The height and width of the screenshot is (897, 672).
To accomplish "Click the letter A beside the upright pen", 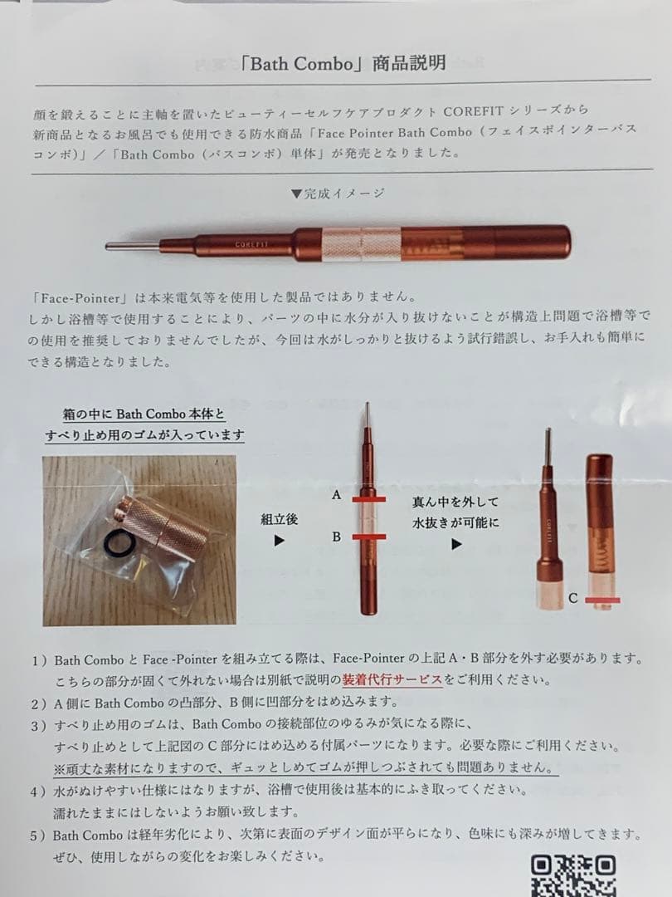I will (x=336, y=494).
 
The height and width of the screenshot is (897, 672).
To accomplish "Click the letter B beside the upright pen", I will (x=336, y=537).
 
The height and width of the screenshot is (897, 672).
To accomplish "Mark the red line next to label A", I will (x=368, y=500).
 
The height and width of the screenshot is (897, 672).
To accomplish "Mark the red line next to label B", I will (x=368, y=539).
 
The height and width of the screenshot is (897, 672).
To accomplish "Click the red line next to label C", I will (x=603, y=599).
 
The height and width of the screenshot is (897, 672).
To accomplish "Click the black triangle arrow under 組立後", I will (x=280, y=541).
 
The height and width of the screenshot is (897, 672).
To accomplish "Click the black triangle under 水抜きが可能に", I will (x=455, y=546).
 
